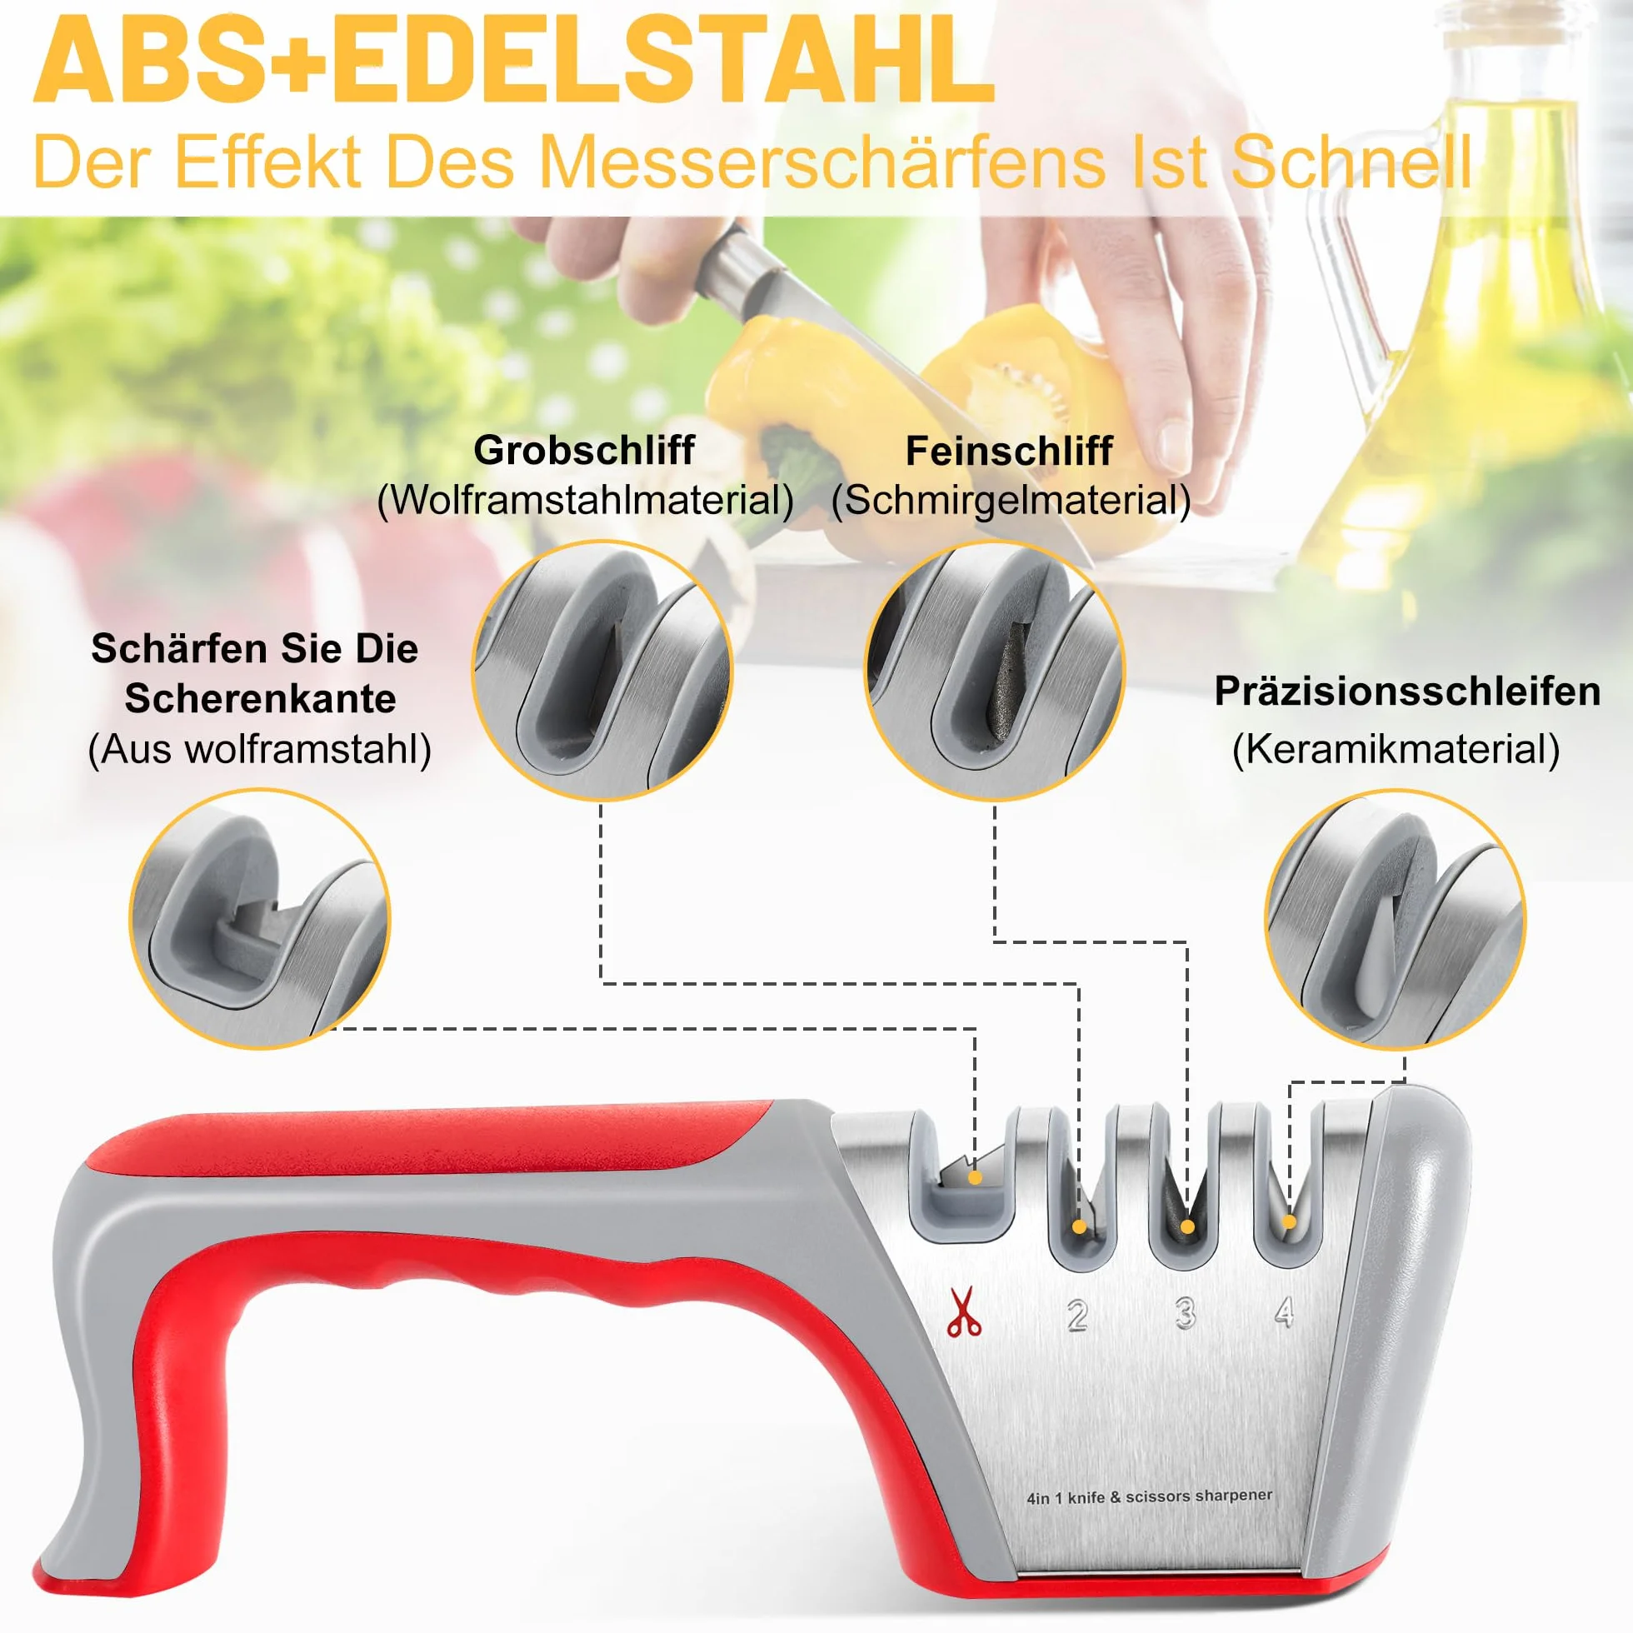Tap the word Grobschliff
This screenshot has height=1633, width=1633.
(x=584, y=451)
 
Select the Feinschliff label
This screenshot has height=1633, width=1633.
(x=1009, y=451)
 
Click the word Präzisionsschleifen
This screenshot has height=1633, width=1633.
(x=1407, y=692)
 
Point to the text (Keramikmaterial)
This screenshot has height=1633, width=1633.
(x=1396, y=750)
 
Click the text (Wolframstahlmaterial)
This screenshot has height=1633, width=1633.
(x=585, y=500)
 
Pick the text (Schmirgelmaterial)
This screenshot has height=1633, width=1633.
(x=1011, y=500)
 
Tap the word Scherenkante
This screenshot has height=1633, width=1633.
(x=259, y=699)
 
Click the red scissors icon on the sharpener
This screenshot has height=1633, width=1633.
(x=964, y=1311)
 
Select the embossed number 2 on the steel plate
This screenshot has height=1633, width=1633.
(x=1076, y=1316)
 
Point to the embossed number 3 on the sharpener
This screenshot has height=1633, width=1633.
(x=1185, y=1314)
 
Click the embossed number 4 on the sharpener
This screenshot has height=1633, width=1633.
(x=1285, y=1311)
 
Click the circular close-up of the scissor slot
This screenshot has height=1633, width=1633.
(x=260, y=919)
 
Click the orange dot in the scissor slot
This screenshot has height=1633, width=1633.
(x=976, y=1177)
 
